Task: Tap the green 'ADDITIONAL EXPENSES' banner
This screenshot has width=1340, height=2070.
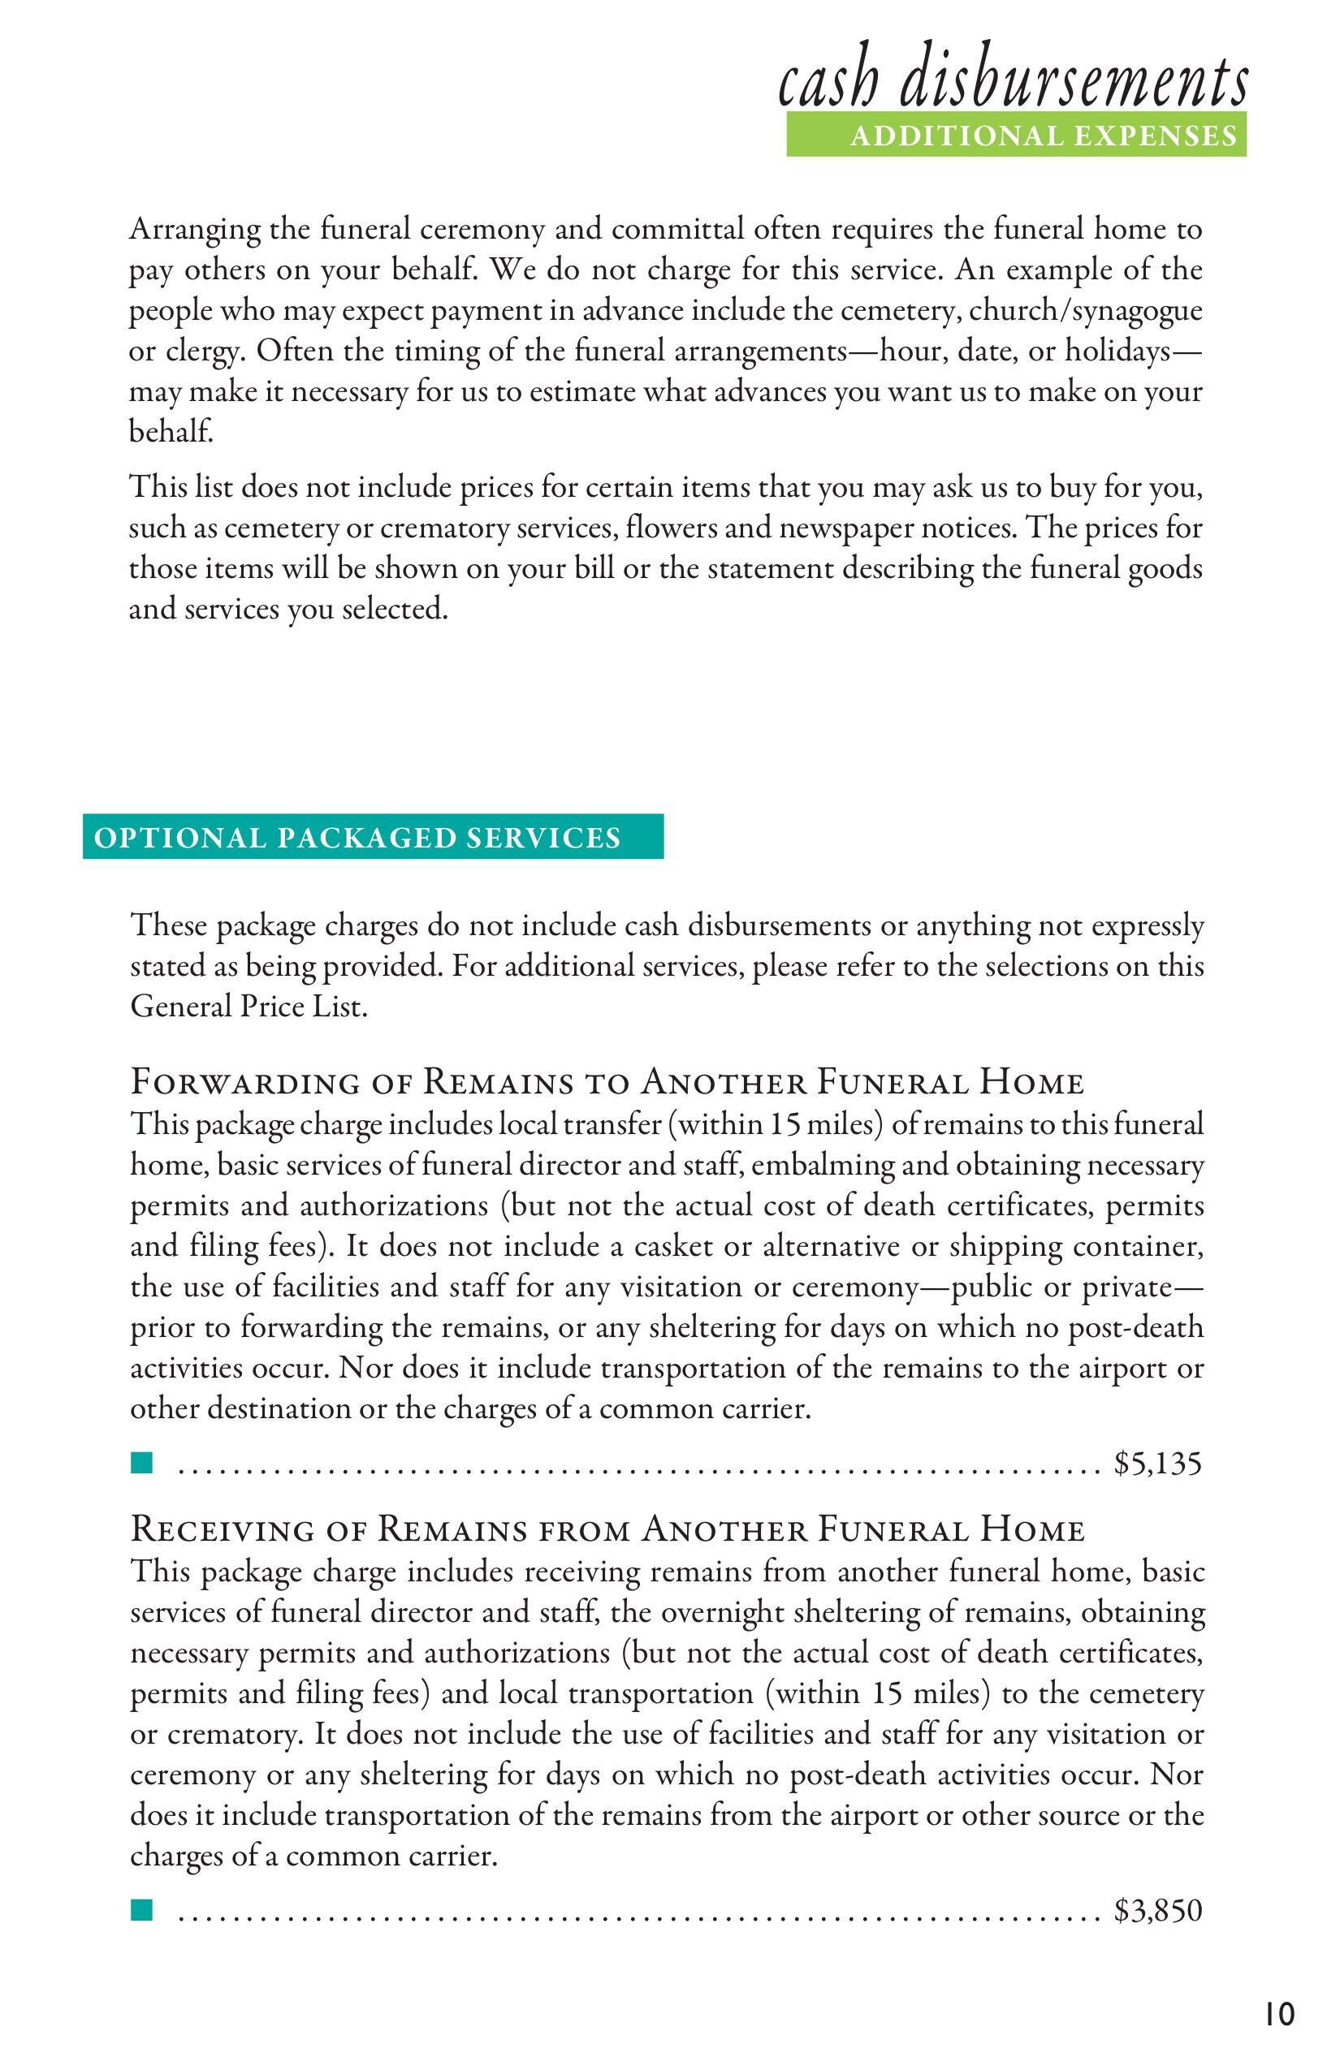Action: [1016, 136]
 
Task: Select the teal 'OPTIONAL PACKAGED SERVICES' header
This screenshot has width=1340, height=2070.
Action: [373, 837]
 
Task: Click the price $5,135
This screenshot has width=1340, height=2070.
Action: [1157, 1464]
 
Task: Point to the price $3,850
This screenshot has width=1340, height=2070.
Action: [1157, 1911]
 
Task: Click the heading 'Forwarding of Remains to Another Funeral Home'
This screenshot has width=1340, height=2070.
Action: [607, 1083]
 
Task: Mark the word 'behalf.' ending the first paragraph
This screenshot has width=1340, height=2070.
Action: [171, 432]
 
